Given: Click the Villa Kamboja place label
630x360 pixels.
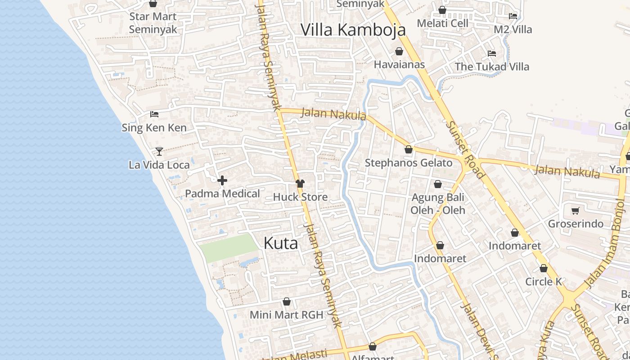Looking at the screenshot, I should tap(353, 30).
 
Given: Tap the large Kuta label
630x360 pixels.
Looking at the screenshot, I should tap(281, 243).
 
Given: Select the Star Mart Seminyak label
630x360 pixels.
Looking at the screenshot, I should tap(153, 23).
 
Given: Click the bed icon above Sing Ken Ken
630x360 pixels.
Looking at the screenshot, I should tap(154, 114).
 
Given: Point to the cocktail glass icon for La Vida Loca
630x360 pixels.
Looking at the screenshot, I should tap(159, 151).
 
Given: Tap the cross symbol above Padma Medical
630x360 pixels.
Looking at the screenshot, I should tap(222, 181).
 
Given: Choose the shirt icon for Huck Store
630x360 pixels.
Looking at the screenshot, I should tap(300, 184).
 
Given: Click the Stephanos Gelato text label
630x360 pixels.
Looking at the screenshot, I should tap(409, 163).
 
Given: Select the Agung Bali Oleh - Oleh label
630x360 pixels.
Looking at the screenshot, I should tap(438, 204).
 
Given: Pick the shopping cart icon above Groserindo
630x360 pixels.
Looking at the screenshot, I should tap(575, 211).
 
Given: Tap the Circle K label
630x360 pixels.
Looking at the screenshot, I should tap(544, 282).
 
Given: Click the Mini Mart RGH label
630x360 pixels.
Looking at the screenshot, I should tap(287, 315).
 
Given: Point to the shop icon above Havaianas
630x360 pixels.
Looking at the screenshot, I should tap(399, 52).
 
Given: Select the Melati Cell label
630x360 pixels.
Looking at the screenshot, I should tap(443, 23).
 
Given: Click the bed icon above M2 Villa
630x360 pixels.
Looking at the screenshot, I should tap(513, 16).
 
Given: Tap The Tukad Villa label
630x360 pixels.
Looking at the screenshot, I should tap(492, 67).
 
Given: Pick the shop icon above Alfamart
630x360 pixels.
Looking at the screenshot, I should tap(373, 346).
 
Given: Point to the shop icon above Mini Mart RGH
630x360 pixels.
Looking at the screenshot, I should tap(287, 301).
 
